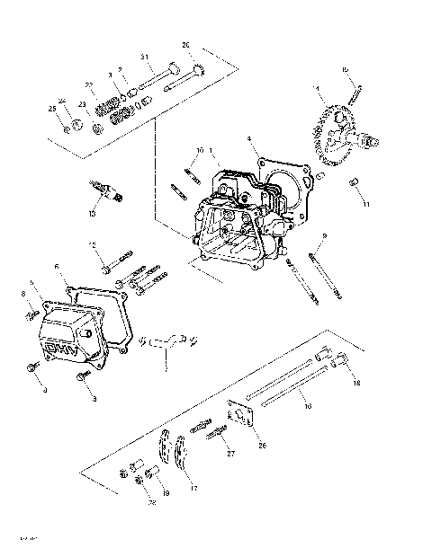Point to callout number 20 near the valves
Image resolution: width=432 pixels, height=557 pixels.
pos(186,45)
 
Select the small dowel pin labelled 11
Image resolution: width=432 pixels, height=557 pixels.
pos(354,183)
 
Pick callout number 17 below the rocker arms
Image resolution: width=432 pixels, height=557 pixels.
pos(193,488)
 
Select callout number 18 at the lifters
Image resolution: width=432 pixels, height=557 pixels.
pos(356,383)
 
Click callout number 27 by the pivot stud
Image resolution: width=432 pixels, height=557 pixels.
pos(229,455)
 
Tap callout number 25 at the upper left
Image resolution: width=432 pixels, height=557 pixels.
pos(51,109)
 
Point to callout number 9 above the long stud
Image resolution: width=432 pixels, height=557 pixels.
pos(325,235)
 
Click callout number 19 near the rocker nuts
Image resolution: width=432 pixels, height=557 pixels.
pos(166,494)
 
